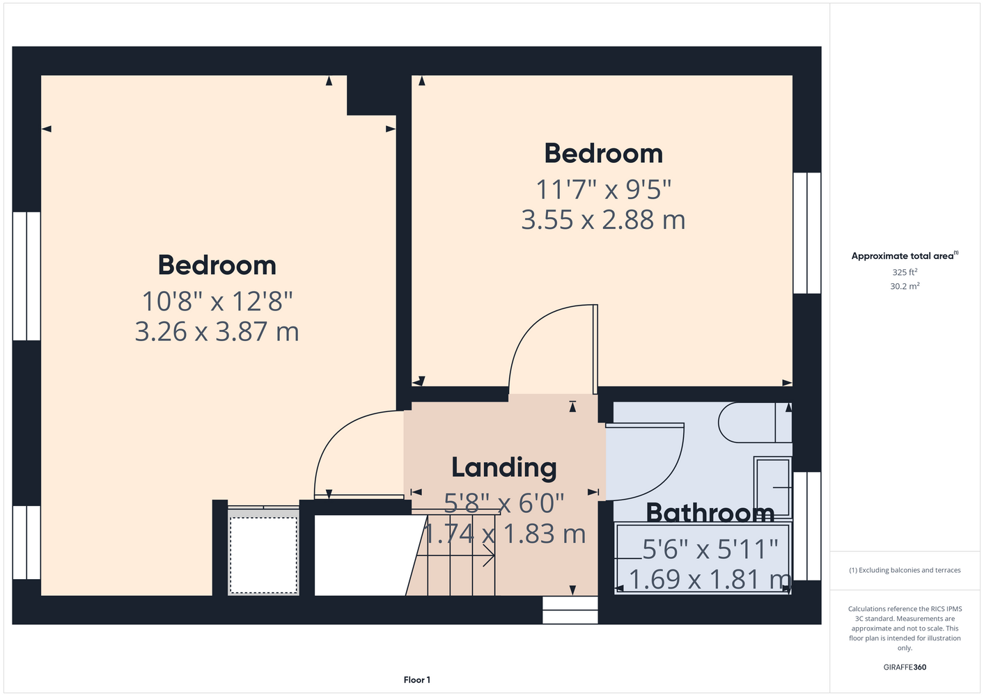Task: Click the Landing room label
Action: click(504, 468)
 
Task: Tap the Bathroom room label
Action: click(710, 513)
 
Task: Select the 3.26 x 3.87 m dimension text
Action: click(217, 331)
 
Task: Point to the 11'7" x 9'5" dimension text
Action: click(603, 190)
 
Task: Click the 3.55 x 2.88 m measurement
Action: click(603, 220)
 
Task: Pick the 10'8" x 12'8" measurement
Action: click(217, 301)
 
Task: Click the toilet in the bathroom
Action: click(755, 422)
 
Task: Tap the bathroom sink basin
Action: click(773, 487)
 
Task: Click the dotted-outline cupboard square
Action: click(263, 555)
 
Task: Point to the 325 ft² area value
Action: click(905, 272)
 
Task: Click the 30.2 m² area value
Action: click(905, 286)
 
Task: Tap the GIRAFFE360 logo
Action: click(905, 667)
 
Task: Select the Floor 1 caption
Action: click(417, 680)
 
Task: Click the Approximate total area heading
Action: click(905, 255)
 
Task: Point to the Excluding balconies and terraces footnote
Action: click(905, 570)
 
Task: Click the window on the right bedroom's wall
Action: click(807, 232)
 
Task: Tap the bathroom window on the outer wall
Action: click(807, 526)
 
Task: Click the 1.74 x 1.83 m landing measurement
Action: click(504, 534)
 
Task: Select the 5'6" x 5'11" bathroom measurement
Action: click(710, 549)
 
